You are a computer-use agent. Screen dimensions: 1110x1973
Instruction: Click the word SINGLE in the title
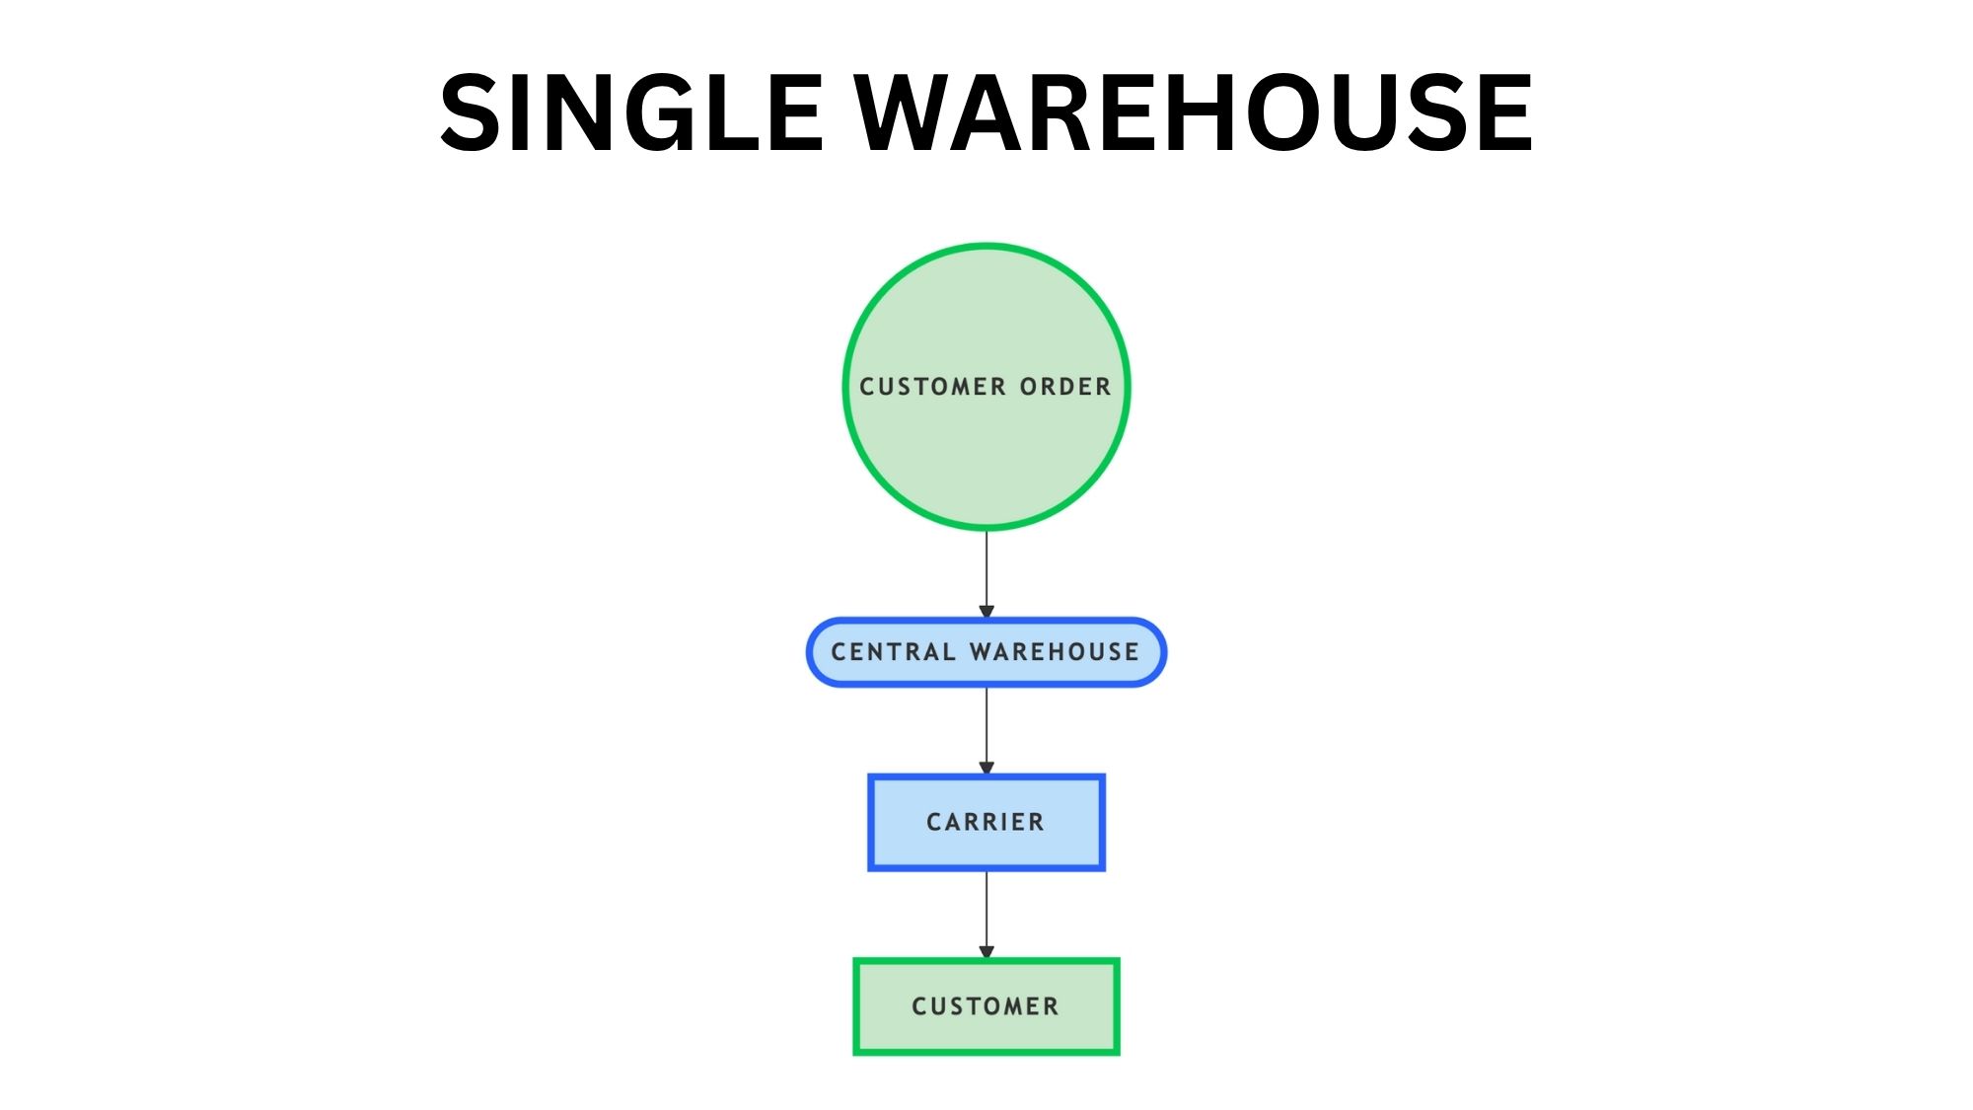point(631,113)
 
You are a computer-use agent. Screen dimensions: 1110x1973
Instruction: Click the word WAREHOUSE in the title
point(1194,113)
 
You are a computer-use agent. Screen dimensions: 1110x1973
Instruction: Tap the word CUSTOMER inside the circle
point(932,387)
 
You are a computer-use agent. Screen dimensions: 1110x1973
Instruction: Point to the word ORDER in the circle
point(1065,387)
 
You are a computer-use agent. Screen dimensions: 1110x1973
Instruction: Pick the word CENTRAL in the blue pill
point(893,652)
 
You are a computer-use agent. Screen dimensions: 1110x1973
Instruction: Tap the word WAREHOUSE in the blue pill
point(1055,652)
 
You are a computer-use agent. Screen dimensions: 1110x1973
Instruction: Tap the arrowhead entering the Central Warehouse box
point(986,612)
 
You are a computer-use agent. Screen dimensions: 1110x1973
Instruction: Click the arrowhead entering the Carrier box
point(986,768)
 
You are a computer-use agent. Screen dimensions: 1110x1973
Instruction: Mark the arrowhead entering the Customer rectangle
point(986,952)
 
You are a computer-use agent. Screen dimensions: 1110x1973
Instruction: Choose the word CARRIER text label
point(986,823)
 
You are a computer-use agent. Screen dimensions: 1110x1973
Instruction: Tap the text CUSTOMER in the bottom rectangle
point(986,1006)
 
